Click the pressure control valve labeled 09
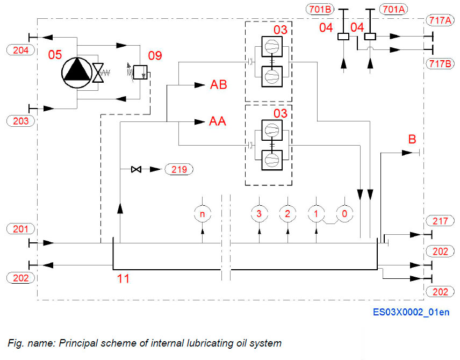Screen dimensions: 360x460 141,71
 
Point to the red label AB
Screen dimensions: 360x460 218,85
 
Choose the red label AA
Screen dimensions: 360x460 218,122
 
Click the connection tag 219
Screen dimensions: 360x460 179,169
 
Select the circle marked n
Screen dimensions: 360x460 202,213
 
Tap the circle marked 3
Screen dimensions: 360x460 259,213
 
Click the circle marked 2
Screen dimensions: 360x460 287,213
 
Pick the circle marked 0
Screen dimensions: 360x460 344,213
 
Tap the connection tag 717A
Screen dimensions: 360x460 440,20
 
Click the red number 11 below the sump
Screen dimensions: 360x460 124,279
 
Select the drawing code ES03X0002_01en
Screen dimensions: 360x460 412,312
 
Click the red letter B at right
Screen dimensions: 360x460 412,140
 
